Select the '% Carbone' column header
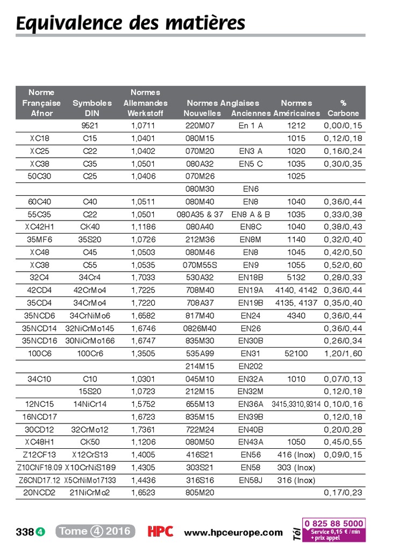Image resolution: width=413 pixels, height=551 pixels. (x=343, y=108)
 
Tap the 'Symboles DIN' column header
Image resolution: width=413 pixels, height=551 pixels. (x=92, y=108)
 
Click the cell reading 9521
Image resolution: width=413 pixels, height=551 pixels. (x=90, y=126)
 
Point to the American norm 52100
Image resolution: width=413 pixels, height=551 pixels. (x=296, y=354)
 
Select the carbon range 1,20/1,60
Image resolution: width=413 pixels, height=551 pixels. (x=343, y=354)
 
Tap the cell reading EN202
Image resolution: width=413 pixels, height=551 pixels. (x=251, y=366)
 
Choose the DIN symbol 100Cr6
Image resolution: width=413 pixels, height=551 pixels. (x=90, y=354)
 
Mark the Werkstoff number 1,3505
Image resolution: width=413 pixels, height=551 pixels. (x=143, y=354)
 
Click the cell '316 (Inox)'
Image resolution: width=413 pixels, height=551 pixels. (x=296, y=481)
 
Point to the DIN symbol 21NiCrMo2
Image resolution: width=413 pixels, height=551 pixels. (x=90, y=493)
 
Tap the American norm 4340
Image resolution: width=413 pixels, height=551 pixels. (x=296, y=315)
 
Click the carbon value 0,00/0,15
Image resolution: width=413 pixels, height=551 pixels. (x=343, y=126)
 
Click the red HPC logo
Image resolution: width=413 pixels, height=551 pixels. (x=160, y=532)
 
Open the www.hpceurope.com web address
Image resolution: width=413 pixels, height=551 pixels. (x=233, y=533)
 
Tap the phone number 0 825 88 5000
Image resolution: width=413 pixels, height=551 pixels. (x=334, y=523)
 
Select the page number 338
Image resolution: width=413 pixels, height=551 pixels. (x=25, y=532)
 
